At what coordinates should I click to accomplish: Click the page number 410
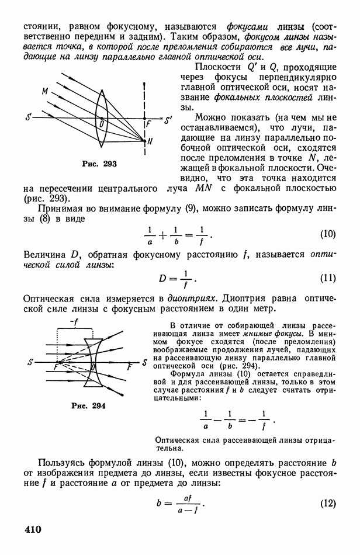[33, 530]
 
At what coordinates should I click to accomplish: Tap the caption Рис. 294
[89, 405]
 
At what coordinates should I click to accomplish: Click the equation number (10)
[327, 235]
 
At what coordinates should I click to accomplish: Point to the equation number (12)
[327, 504]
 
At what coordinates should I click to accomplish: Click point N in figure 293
[151, 141]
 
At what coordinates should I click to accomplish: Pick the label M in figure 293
[44, 92]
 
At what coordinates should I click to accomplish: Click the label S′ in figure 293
[168, 122]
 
